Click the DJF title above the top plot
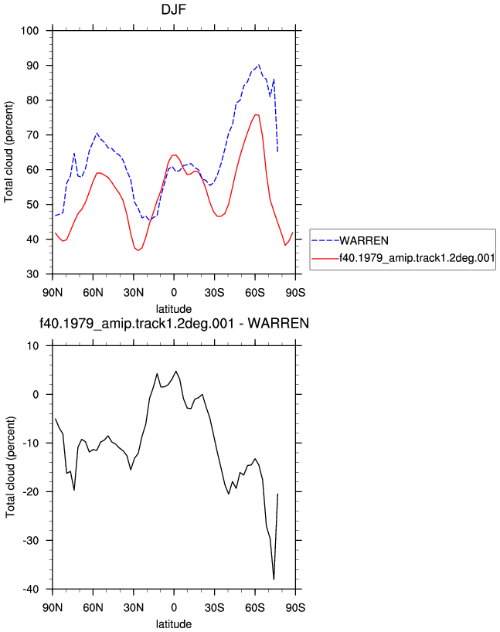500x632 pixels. pos(174,9)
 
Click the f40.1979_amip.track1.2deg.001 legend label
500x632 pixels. pos(417,258)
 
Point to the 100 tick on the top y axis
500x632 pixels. pos(30,31)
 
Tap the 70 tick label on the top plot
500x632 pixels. pos(32,135)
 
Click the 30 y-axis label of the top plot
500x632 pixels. pos(32,274)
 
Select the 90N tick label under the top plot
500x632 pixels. pos(53,292)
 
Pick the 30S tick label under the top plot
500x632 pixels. pos(215,292)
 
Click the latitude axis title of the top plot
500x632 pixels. pos(174,309)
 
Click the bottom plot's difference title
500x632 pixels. pos(174,323)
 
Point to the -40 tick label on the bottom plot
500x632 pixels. pos(30,590)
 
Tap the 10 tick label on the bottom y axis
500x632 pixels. pos(33,346)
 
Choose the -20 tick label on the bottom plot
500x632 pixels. pos(30,491)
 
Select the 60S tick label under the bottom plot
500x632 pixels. pos(255,607)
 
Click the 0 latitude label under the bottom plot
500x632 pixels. pos(174,607)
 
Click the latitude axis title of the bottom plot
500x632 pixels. pos(174,624)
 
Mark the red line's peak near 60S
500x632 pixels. pos(256,115)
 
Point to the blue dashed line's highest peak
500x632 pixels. pos(258,64)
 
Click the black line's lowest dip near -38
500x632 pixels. pos(274,579)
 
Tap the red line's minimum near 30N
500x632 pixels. pos(138,250)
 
